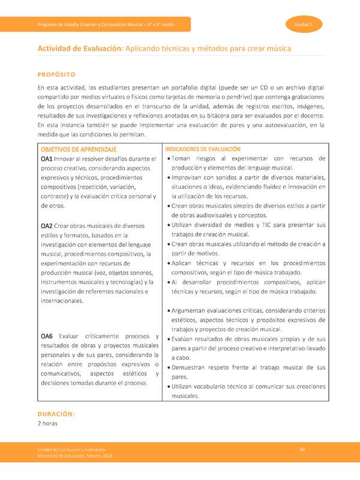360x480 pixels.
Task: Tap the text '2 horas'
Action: (x=47, y=424)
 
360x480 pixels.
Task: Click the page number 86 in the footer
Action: (x=303, y=449)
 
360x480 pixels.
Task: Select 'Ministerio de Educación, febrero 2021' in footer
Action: (x=75, y=457)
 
